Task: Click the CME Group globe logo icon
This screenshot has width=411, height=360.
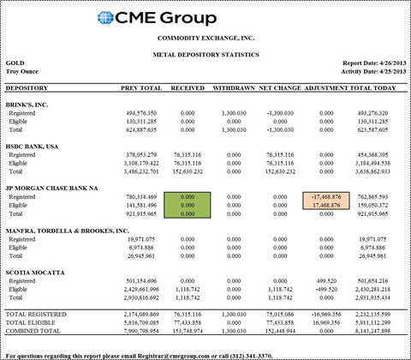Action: [x=105, y=18]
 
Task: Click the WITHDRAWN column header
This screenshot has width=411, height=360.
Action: [x=234, y=88]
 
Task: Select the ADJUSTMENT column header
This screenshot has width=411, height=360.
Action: [x=326, y=88]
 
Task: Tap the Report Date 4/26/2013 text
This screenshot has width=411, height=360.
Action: [x=374, y=63]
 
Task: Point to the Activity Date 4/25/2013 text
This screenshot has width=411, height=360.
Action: [x=373, y=71]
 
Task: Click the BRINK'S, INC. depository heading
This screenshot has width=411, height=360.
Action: [x=27, y=105]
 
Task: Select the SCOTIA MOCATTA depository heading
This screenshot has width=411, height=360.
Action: [x=35, y=273]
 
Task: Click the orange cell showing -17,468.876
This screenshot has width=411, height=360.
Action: [x=326, y=197]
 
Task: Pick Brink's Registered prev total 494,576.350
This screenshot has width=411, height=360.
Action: [x=141, y=113]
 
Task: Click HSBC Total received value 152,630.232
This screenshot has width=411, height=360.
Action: [x=188, y=171]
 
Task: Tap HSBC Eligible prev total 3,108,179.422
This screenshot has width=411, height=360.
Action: [x=141, y=164]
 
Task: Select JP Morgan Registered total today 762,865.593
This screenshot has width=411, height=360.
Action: [x=372, y=197]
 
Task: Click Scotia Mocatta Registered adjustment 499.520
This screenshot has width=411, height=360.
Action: [x=326, y=281]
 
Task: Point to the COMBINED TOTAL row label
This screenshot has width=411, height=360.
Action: [x=33, y=331]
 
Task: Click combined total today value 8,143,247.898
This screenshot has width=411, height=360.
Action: [x=372, y=331]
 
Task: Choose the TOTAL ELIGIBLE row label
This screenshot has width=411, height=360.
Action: [x=30, y=323]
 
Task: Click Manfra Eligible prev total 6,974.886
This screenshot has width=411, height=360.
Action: [x=141, y=248]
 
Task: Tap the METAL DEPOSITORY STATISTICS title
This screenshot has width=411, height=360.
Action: [x=205, y=55]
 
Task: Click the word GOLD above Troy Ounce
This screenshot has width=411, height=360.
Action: [x=15, y=63]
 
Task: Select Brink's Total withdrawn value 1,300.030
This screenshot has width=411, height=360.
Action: [x=234, y=130]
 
